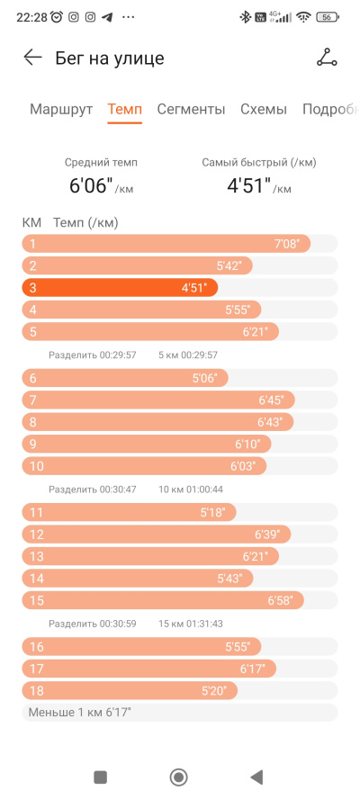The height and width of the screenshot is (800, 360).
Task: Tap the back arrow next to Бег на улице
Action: pos(32,58)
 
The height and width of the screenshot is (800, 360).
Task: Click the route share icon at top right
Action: pos(327,58)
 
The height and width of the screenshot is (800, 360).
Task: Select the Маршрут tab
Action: pos(61,109)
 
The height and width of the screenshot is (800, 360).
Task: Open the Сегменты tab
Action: pos(191,109)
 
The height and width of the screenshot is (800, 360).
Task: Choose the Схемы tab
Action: pos(264,109)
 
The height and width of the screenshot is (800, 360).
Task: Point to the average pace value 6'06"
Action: pos(91,185)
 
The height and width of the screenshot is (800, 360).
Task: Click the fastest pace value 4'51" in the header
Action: pos(248,185)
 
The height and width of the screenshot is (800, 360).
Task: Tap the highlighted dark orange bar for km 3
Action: pos(120,288)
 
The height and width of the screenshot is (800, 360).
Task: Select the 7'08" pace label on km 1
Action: pos(286,244)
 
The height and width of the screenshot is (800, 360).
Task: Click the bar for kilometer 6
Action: pos(125,378)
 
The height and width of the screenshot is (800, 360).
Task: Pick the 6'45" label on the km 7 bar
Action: pos(271,400)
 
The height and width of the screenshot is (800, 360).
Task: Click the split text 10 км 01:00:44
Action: pos(190,490)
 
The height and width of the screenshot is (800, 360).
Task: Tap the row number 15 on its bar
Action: pos(37,600)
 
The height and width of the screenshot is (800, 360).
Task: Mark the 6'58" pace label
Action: pos(280,600)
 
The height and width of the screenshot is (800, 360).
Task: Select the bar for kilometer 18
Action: pos(130,691)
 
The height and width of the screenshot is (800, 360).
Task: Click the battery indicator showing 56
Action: pos(328,17)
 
